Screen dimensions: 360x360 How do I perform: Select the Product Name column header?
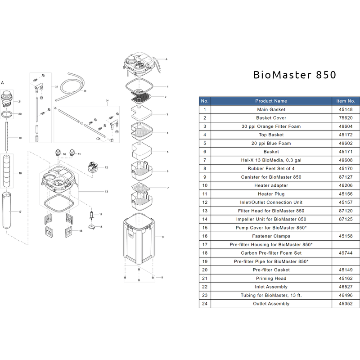coord(271,101)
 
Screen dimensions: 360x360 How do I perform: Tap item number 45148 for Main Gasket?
coord(346,109)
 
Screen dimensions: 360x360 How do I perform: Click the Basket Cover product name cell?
coord(271,118)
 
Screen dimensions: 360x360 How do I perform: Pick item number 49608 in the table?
coord(346,160)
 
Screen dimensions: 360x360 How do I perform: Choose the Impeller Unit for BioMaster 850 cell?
coord(271,219)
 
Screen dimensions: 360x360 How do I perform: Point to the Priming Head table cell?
coord(271,279)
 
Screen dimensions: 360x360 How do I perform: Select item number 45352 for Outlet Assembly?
coord(346,304)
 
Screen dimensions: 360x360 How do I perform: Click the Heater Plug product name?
coord(271,194)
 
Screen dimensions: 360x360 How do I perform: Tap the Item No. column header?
coord(346,101)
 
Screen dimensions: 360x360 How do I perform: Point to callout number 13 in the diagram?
coord(107,192)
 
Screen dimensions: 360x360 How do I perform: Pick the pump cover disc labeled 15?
coord(93,226)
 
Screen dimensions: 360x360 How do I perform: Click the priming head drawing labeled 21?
coord(7,99)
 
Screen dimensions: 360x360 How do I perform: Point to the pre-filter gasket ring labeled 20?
coord(7,114)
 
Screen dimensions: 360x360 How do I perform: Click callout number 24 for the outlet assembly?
coord(107,100)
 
